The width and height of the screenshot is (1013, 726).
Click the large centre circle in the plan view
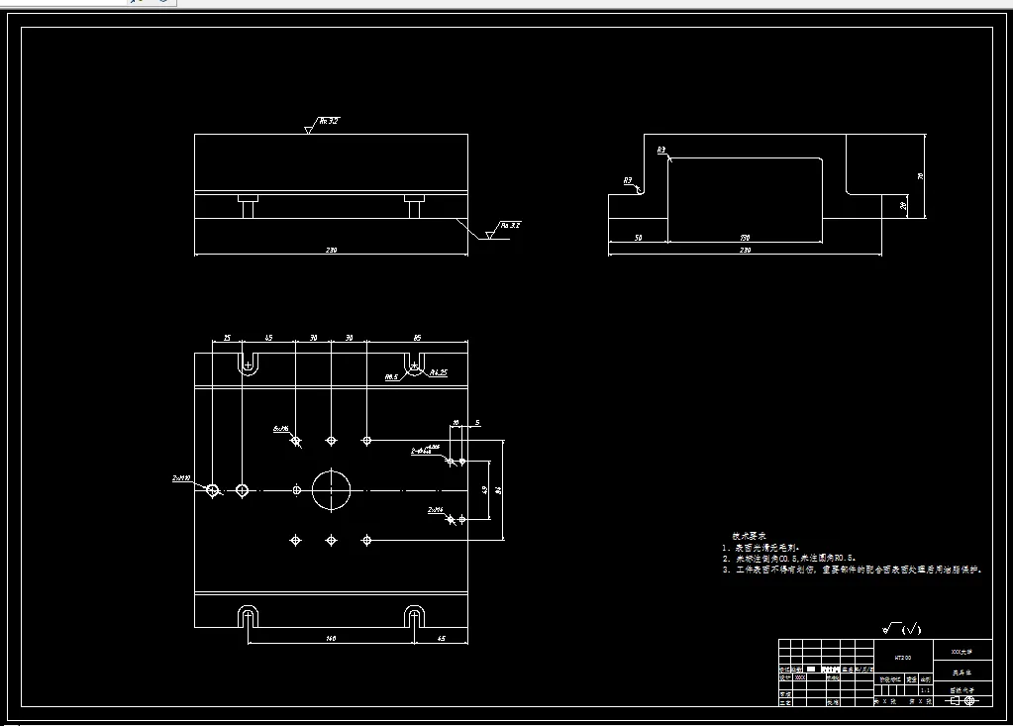tap(332, 489)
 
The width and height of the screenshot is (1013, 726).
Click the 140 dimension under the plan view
tap(331, 639)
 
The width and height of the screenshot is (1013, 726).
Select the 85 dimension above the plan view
tap(416, 338)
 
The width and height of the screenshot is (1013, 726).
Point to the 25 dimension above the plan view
tap(227, 338)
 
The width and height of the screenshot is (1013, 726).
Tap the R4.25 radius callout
tap(438, 372)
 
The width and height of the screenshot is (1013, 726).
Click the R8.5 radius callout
tap(391, 377)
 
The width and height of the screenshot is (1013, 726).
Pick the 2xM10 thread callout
tap(181, 478)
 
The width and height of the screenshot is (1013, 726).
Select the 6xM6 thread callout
tap(280, 429)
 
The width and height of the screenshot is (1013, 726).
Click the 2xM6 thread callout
tap(435, 510)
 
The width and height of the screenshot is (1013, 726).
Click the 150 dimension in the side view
tap(745, 238)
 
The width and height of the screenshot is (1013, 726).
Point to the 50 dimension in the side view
tap(638, 238)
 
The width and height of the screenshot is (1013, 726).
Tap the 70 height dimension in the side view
tap(920, 175)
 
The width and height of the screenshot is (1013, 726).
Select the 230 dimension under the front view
tap(331, 250)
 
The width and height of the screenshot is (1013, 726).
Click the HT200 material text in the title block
tap(902, 656)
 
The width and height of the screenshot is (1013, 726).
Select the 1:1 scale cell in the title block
tap(925, 690)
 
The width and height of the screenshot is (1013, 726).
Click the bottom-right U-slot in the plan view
tap(414, 617)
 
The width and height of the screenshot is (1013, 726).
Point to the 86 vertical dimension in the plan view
tap(498, 488)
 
